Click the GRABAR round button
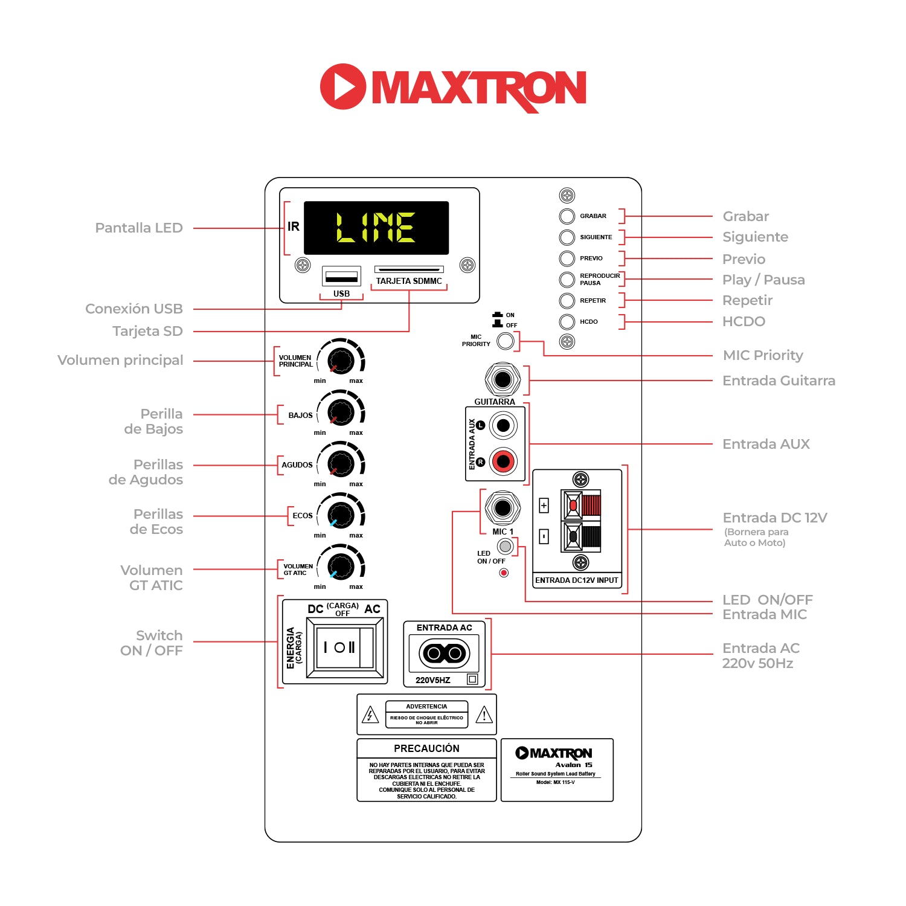tap(567, 216)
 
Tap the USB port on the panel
tap(341, 277)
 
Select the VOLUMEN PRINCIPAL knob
tap(341, 361)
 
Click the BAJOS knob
tap(341, 413)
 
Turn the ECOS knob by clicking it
tap(341, 515)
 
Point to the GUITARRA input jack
tap(503, 380)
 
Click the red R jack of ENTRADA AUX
tap(503, 461)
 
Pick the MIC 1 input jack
tap(503, 508)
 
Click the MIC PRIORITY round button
tap(505, 341)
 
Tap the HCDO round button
tap(567, 321)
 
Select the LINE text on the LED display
tap(376, 228)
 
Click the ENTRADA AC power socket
tap(445, 653)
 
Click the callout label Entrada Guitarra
tap(779, 381)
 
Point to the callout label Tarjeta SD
tap(147, 331)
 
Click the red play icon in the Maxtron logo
tap(342, 86)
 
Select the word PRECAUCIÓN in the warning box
tap(426, 748)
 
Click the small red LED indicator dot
tap(504, 573)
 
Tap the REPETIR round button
tap(567, 300)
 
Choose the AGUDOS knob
tap(341, 464)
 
